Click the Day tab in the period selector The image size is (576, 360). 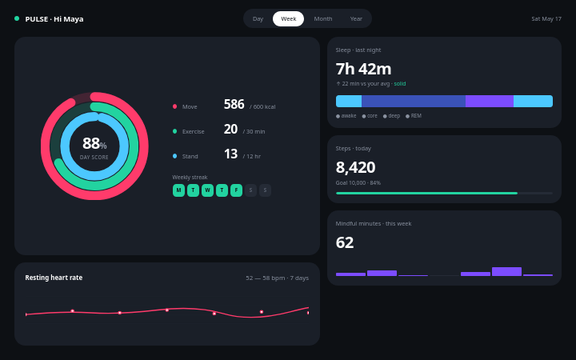click(258, 18)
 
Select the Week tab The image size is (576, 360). click(288, 18)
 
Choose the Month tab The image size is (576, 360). click(323, 18)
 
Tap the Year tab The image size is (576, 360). click(356, 18)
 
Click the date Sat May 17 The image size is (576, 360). click(546, 18)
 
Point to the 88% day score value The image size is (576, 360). click(94, 143)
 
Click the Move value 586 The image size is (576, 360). click(234, 104)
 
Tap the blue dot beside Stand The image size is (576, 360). click(175, 156)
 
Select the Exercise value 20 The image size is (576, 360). click(230, 130)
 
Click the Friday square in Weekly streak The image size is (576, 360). click(236, 190)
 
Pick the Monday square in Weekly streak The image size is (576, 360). click(178, 190)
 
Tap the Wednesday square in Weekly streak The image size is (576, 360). click(207, 190)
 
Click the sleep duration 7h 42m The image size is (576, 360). click(363, 69)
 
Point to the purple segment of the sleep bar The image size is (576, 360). click(490, 101)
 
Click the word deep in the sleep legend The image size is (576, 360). click(394, 116)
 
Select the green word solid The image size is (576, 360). click(400, 84)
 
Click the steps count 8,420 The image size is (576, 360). click(355, 167)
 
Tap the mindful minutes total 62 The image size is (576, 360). click(345, 243)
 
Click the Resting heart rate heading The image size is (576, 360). click(54, 278)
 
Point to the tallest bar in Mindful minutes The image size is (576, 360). click(506, 271)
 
